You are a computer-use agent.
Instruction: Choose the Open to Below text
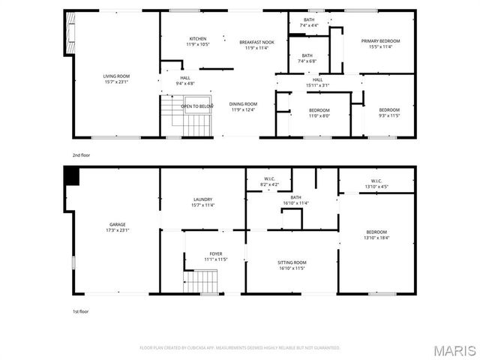tap(197, 106)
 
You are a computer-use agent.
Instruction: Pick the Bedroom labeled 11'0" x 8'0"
tap(319, 113)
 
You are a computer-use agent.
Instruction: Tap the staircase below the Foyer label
tap(202, 282)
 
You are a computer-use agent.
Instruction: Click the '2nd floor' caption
tap(80, 155)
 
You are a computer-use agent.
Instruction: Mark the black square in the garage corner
tap(72, 175)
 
